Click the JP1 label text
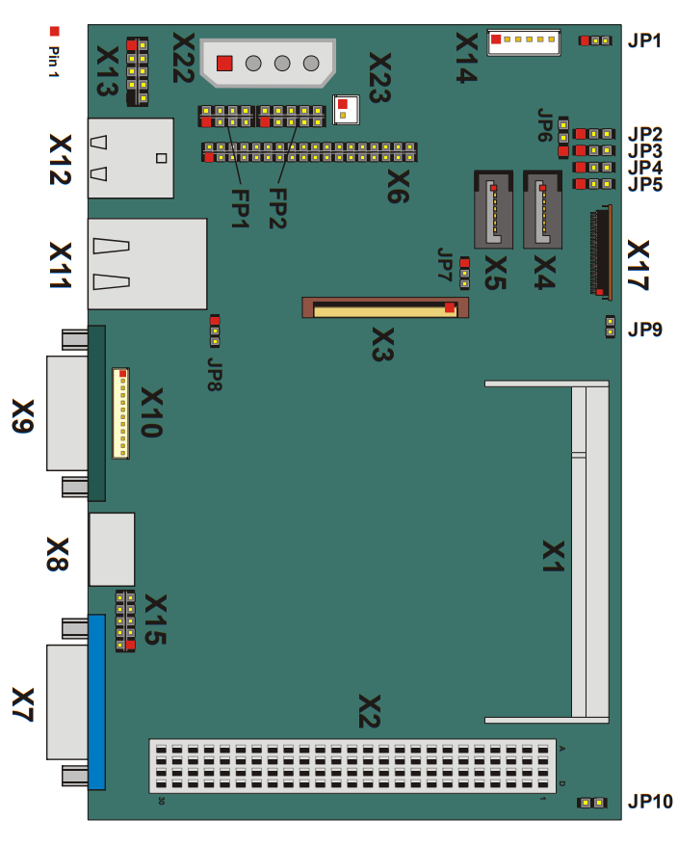(644, 40)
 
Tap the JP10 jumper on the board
(591, 803)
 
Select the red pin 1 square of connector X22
(224, 64)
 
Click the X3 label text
(382, 344)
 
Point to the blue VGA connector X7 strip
(96, 701)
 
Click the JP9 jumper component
(610, 327)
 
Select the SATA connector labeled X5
(493, 209)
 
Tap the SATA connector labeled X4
(542, 209)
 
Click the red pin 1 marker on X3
(450, 307)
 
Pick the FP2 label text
(277, 208)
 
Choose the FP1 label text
(241, 208)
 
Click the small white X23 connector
(346, 110)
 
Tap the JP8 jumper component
(215, 330)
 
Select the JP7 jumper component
(464, 274)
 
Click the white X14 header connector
(524, 42)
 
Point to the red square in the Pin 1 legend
(55, 31)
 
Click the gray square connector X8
(112, 549)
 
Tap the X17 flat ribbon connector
(601, 251)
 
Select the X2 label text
(370, 712)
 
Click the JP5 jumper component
(594, 184)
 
